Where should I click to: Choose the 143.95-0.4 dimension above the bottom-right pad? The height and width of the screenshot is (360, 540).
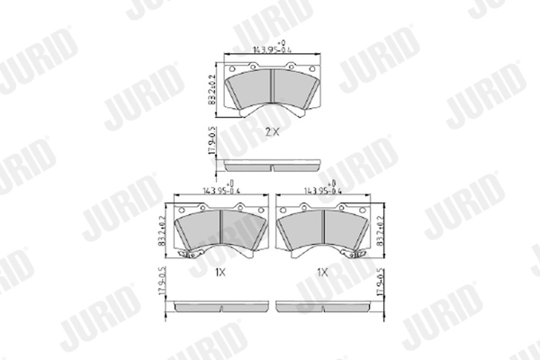pyautogui.click(x=323, y=190)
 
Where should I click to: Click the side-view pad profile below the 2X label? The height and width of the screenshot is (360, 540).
pyautogui.click(x=271, y=165)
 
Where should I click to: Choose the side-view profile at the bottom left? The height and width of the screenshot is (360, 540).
pyautogui.click(x=221, y=306)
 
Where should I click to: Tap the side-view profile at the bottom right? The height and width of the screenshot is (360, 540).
pyautogui.click(x=323, y=306)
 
